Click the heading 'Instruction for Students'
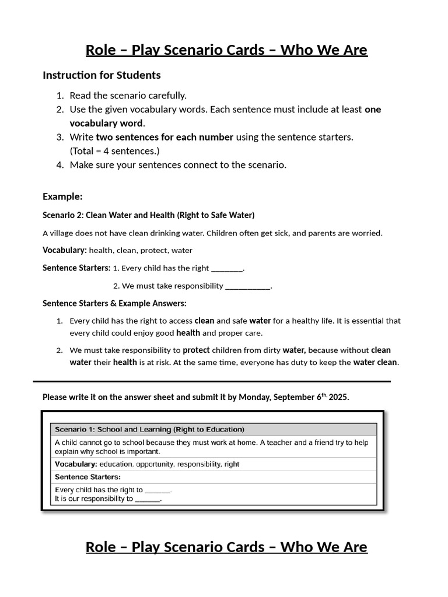click(101, 75)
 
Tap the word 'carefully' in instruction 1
click(166, 96)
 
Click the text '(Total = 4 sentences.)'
click(114, 151)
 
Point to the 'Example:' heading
click(62, 196)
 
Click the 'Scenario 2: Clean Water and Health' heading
click(148, 215)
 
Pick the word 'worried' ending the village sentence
click(367, 233)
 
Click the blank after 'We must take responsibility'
click(248, 286)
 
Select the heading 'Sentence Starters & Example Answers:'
click(114, 303)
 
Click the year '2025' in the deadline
click(339, 397)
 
